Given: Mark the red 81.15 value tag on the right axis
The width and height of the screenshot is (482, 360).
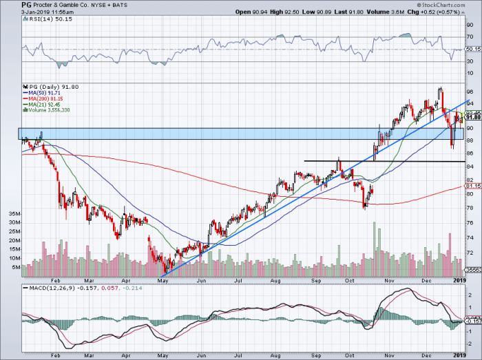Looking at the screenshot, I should click(472, 186).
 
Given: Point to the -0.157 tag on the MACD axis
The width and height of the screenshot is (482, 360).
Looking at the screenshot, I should click(474, 321).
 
